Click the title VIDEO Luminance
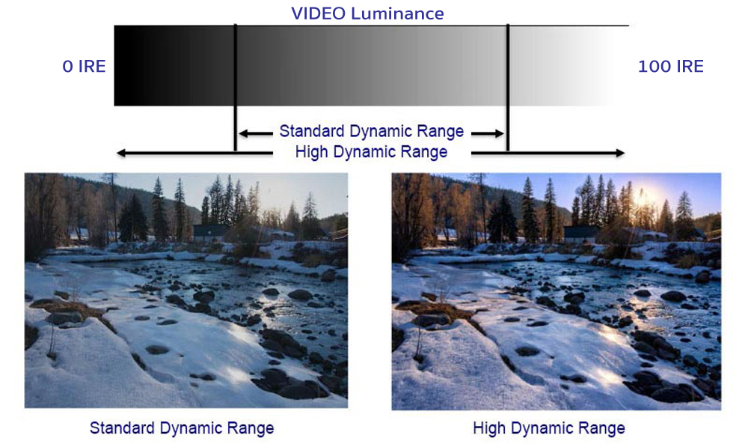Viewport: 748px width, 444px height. (x=367, y=13)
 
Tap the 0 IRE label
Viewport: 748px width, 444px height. (x=84, y=67)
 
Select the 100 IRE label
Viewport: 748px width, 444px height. (x=671, y=67)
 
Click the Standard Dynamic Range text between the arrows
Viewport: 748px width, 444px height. (x=371, y=131)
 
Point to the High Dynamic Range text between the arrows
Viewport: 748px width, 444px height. (x=371, y=152)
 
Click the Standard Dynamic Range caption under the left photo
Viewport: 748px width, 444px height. (x=182, y=428)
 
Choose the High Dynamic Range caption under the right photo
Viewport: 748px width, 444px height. (x=548, y=428)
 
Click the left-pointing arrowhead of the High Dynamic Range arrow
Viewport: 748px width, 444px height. (x=122, y=153)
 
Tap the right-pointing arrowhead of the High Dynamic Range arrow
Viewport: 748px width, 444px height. (x=619, y=153)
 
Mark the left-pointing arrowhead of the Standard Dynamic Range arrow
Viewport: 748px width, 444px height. (x=243, y=133)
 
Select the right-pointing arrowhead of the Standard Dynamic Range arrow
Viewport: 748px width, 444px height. (x=499, y=133)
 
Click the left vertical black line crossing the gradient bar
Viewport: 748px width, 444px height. (x=235, y=88)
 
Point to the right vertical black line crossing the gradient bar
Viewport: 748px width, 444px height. (x=508, y=88)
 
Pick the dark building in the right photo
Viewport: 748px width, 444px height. (x=581, y=234)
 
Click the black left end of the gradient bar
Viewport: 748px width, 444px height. (x=124, y=65)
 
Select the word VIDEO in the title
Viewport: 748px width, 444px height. (x=318, y=13)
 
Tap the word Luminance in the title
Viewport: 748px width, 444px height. (x=397, y=13)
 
